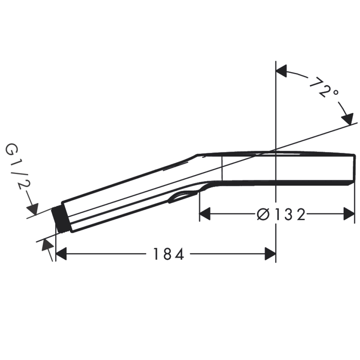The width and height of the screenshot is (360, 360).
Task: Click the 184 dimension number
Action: point(168,254)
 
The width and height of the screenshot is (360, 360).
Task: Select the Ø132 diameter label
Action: point(281,214)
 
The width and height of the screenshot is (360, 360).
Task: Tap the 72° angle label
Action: point(323,88)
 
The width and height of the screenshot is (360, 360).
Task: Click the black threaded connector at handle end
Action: point(60,220)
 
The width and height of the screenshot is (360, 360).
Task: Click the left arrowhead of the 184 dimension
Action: point(61,254)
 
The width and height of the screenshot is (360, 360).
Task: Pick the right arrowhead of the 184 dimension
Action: point(270,254)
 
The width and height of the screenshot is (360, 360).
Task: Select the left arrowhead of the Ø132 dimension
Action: point(205,214)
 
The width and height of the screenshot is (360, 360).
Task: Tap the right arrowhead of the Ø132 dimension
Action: point(349,214)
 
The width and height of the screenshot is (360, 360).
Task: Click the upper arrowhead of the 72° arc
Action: point(281,71)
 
